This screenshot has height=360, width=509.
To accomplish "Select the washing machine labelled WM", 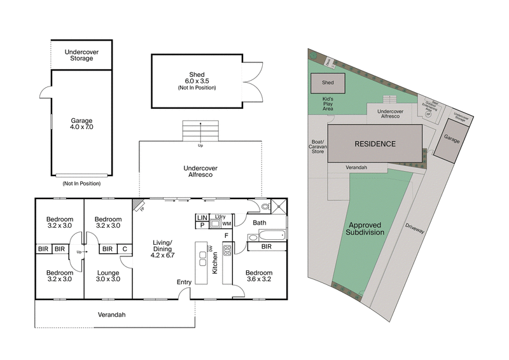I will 227,224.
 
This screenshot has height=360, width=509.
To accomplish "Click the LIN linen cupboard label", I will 202,218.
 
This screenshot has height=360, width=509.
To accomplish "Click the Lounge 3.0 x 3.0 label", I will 108,275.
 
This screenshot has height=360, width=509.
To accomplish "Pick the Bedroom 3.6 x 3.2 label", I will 259,275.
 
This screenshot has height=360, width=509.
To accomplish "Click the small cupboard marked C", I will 125,248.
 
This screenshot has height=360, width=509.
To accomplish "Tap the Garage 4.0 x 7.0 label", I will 81,124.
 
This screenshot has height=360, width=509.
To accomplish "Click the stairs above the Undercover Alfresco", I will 201,130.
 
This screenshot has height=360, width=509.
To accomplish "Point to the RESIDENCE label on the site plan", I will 375,144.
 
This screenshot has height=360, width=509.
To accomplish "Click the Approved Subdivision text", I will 366,228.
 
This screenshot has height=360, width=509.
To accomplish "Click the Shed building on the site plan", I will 328,83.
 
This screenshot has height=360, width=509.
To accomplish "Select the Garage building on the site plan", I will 452,138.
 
